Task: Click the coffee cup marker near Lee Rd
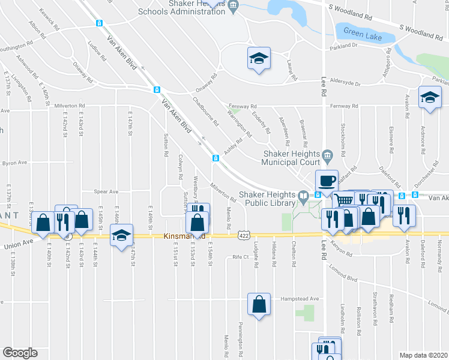click(x=327, y=181)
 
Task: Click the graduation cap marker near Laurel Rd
click(x=259, y=59)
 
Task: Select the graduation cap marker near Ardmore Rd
click(x=430, y=97)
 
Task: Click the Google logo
click(x=20, y=353)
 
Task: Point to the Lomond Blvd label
click(x=343, y=280)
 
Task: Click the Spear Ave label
click(x=106, y=192)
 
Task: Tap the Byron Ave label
click(x=15, y=163)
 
